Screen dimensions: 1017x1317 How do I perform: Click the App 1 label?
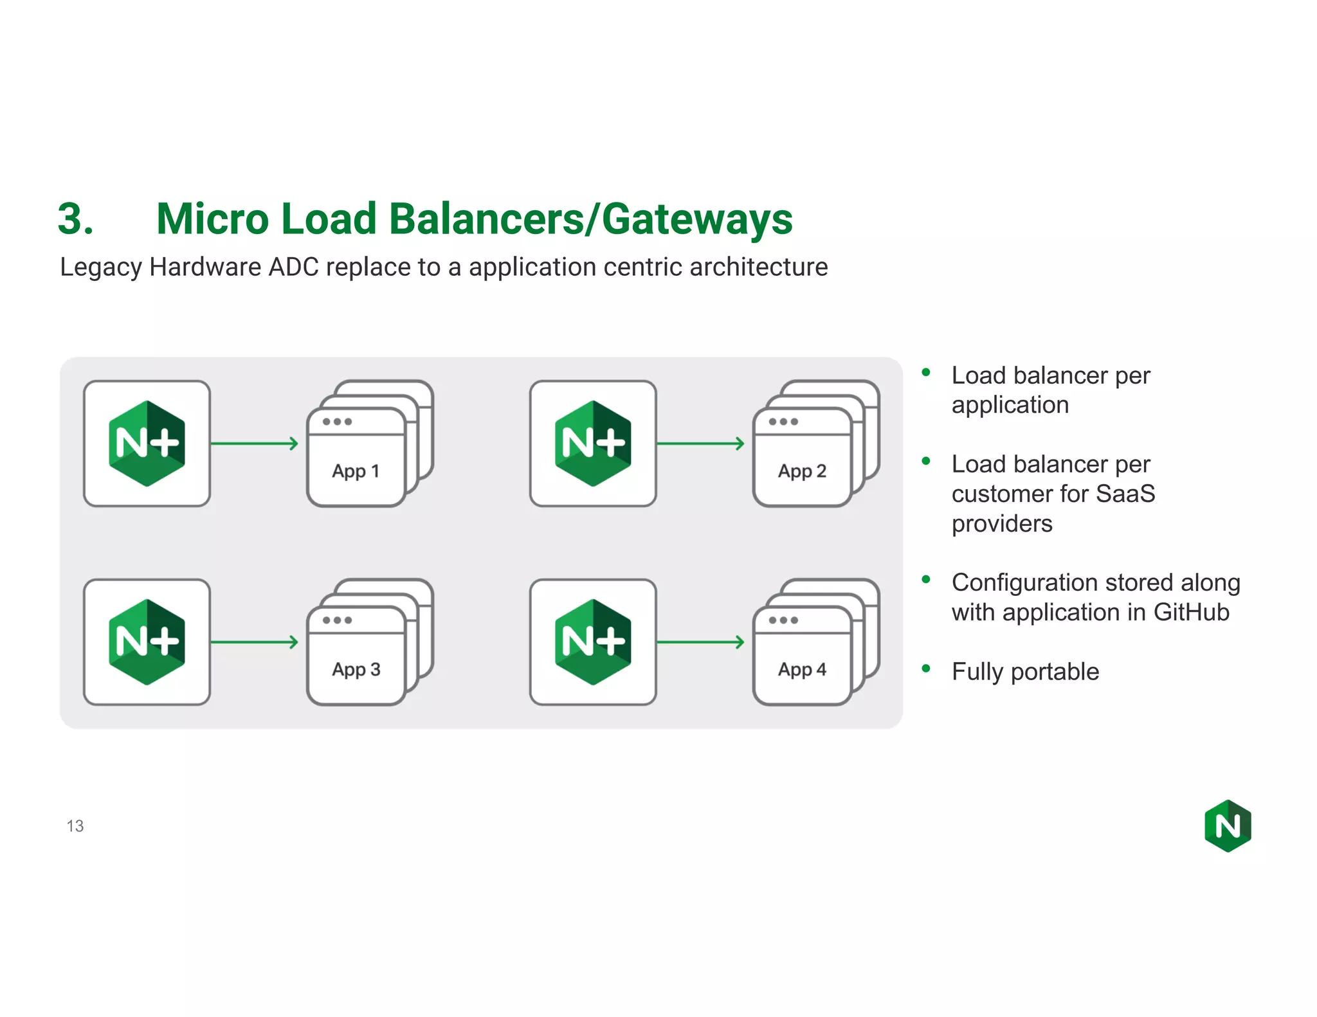(356, 471)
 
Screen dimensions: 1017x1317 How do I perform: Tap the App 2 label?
(802, 471)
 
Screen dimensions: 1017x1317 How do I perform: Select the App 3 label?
(356, 669)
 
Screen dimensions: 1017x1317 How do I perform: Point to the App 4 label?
(802, 669)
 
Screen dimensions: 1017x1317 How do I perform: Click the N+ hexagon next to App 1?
(147, 444)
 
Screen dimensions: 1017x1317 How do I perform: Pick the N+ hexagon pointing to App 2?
(592, 444)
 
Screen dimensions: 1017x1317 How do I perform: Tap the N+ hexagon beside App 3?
(147, 642)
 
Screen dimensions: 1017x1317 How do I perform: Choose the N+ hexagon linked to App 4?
(592, 642)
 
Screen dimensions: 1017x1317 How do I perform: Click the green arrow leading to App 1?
(255, 444)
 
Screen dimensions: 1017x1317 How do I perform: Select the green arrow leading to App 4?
(700, 642)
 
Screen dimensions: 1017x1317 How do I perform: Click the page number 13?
(75, 826)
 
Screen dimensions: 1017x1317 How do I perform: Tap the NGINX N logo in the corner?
(1228, 826)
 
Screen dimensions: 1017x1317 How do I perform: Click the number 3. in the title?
(76, 219)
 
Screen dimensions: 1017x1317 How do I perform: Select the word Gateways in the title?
(697, 219)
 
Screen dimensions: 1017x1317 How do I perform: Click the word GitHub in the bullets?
(1191, 612)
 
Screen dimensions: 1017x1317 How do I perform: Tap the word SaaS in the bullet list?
(1125, 494)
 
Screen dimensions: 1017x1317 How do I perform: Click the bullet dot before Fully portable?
(926, 669)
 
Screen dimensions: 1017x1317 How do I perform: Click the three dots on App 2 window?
(783, 422)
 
